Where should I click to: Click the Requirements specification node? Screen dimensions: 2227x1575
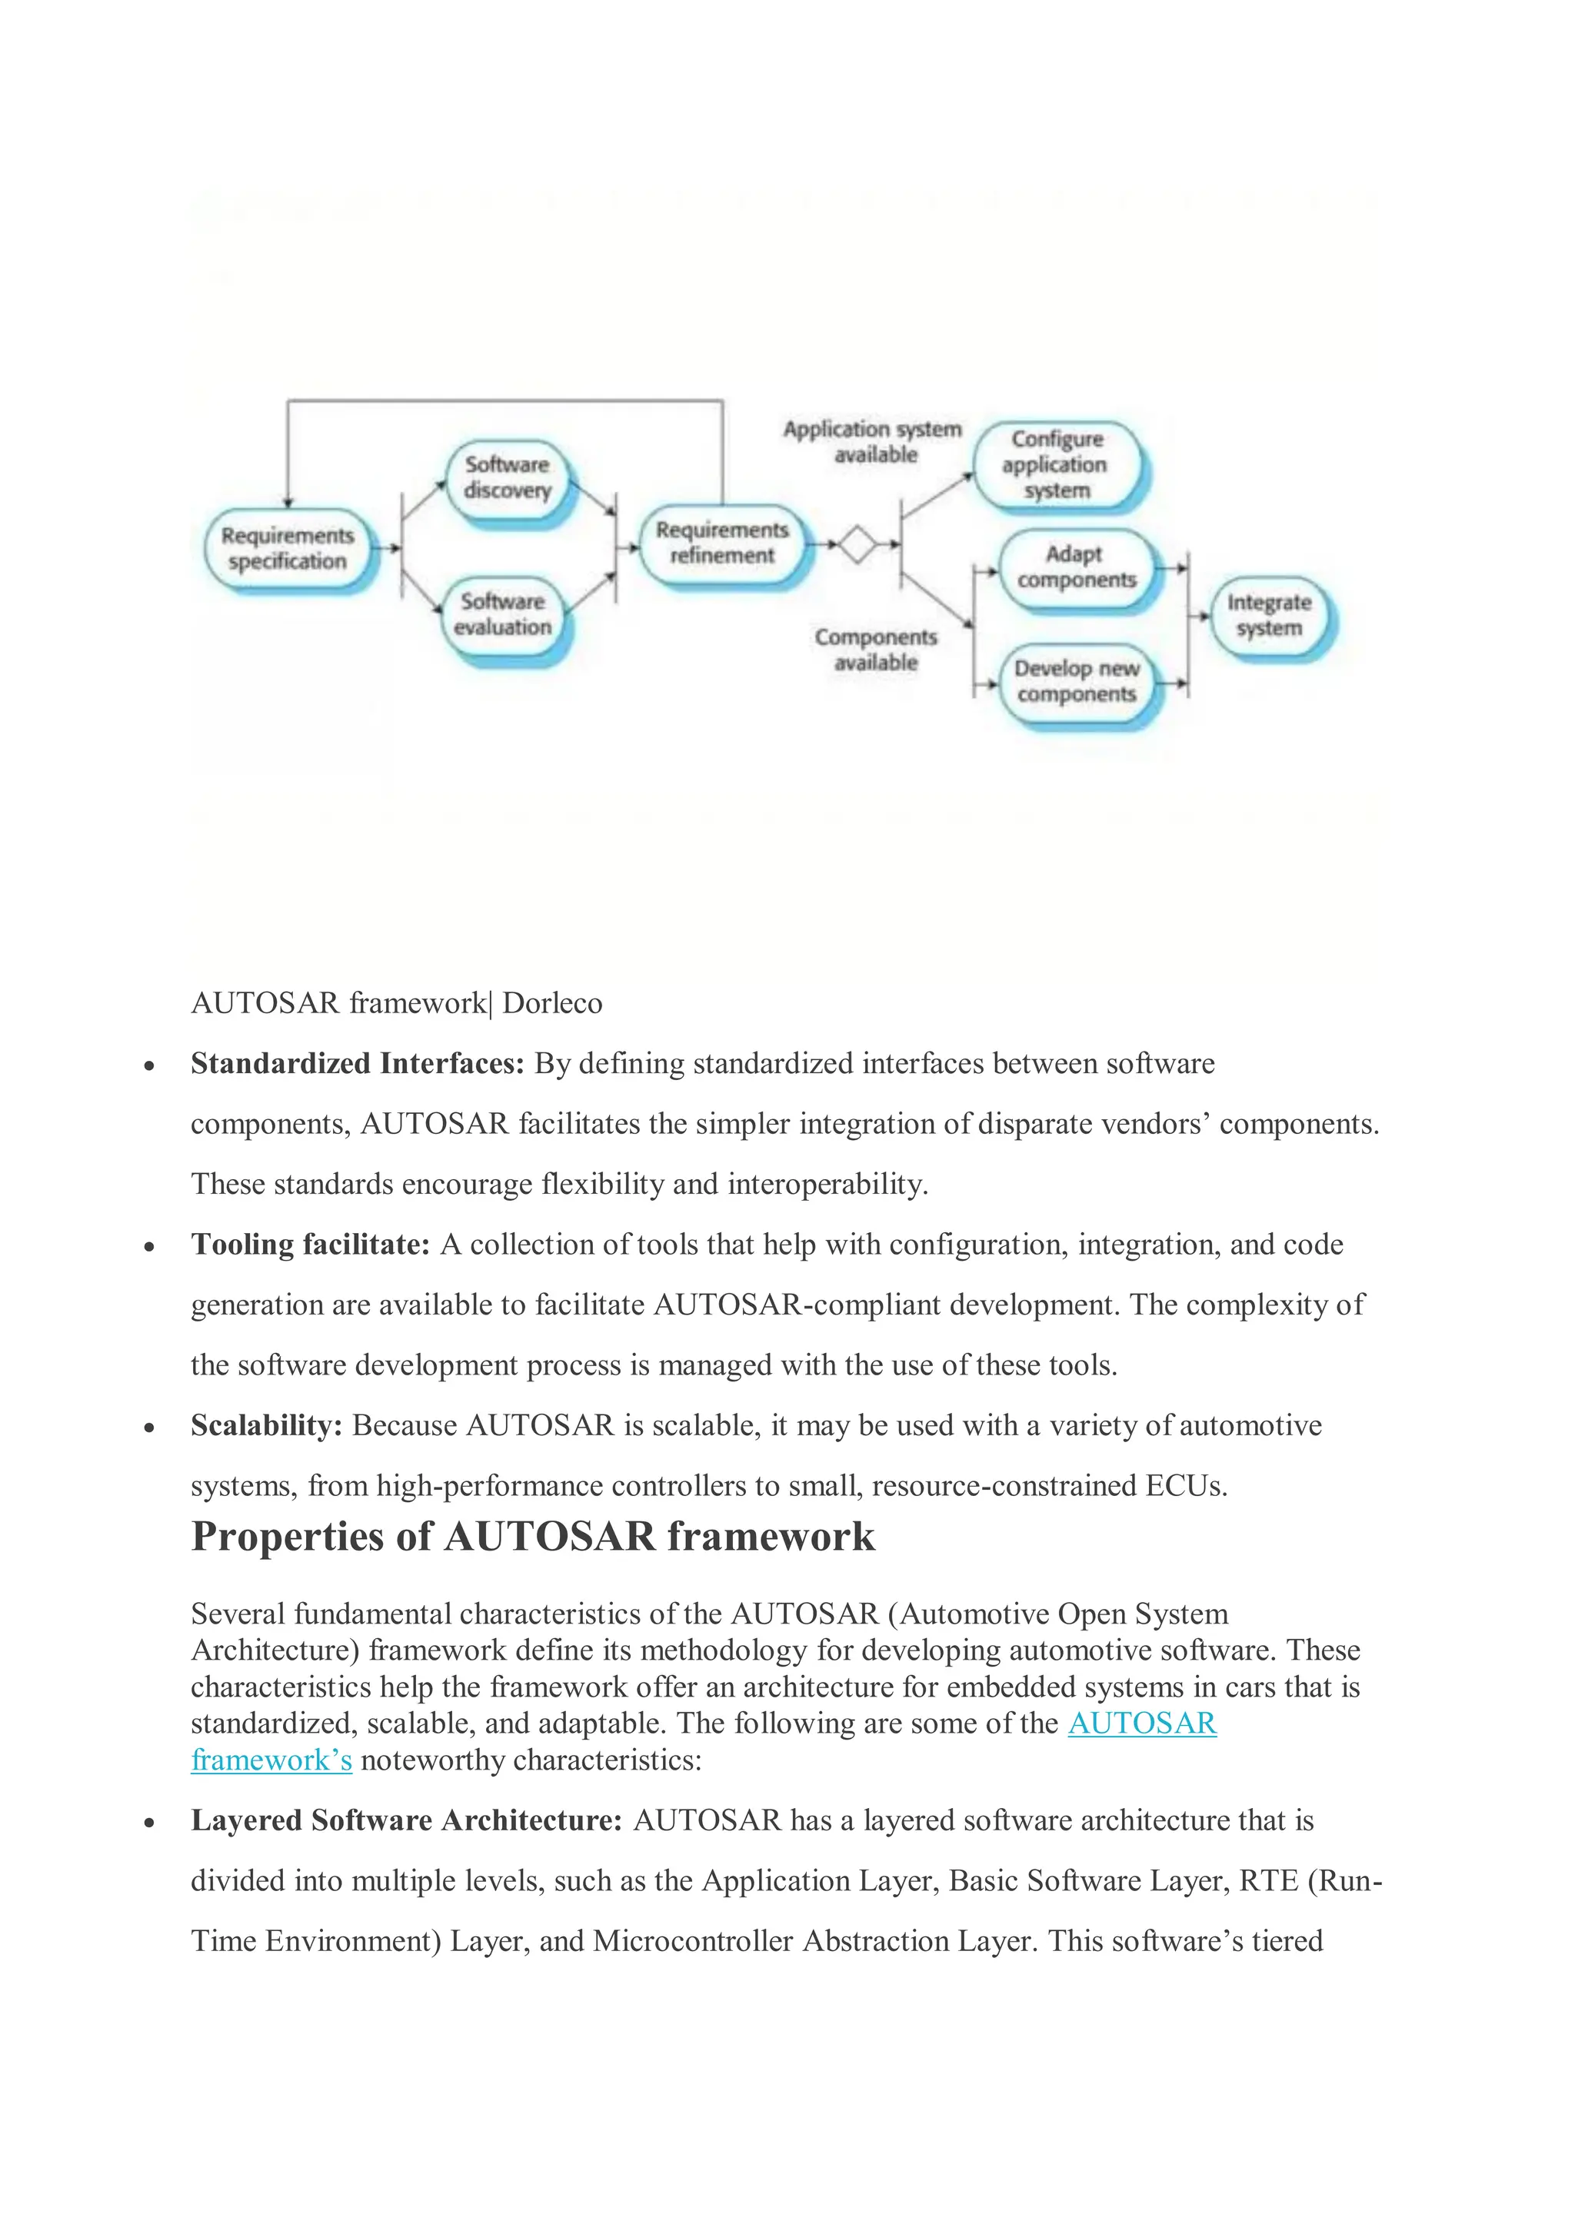[x=288, y=549]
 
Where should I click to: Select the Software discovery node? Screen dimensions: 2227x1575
[x=507, y=478]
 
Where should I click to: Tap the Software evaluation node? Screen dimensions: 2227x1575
[x=503, y=615]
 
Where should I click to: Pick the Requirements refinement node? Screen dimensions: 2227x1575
[x=722, y=543]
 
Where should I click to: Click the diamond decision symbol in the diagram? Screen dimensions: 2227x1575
[x=857, y=544]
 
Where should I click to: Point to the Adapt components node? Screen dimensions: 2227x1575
[x=1076, y=567]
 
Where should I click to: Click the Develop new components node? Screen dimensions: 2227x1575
[x=1076, y=682]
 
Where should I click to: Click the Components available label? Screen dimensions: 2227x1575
[x=876, y=650]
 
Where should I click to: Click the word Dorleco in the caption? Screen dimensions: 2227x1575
[x=552, y=1003]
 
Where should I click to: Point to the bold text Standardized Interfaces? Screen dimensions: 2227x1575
[x=357, y=1064]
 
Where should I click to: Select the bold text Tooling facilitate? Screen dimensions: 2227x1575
[x=310, y=1245]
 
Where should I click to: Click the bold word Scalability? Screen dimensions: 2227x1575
[x=267, y=1426]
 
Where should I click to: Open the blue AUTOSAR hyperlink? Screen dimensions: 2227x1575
[x=1142, y=1723]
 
